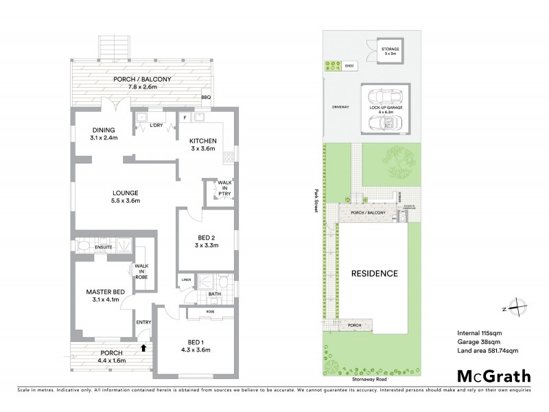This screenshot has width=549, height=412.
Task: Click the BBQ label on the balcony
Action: point(206,98)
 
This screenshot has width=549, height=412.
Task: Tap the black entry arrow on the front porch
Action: point(143,347)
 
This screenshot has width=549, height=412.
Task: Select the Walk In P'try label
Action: point(224,189)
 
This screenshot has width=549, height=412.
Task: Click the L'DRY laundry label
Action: point(156,126)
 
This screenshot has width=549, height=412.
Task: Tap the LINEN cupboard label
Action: point(186,280)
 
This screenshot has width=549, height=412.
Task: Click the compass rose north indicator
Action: point(519,309)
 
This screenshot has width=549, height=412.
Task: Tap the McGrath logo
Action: point(493,376)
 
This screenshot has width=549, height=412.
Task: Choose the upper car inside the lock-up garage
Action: point(382,97)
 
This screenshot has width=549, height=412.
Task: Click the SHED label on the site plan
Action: point(349,67)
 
